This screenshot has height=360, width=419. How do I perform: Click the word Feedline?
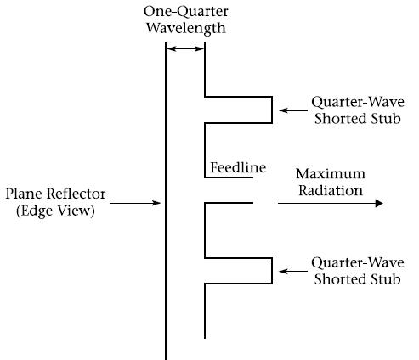click(238, 167)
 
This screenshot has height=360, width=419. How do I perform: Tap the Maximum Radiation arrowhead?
click(379, 203)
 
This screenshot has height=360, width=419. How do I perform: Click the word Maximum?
click(331, 173)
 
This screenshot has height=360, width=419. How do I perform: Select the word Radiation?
click(331, 190)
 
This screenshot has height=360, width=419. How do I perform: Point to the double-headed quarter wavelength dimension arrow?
click(185, 48)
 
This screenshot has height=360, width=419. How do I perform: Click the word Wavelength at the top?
click(186, 28)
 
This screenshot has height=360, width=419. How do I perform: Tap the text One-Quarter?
click(186, 12)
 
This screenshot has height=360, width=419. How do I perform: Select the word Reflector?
click(76, 194)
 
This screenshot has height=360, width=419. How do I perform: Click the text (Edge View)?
click(55, 211)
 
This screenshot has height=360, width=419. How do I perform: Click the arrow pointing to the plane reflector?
click(135, 203)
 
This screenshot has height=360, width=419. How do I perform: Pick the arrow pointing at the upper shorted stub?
click(293, 110)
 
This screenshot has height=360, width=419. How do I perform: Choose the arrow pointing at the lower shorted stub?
click(293, 271)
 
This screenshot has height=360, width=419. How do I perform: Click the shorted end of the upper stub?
click(272, 110)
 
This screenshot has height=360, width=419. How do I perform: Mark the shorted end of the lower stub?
click(272, 271)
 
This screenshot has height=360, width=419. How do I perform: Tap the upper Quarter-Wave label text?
click(358, 102)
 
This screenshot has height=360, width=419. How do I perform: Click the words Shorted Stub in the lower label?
click(358, 279)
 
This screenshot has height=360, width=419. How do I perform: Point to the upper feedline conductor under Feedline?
click(229, 177)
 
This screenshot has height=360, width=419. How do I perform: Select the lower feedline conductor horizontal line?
click(229, 203)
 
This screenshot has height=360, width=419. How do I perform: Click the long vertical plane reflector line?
click(166, 201)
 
